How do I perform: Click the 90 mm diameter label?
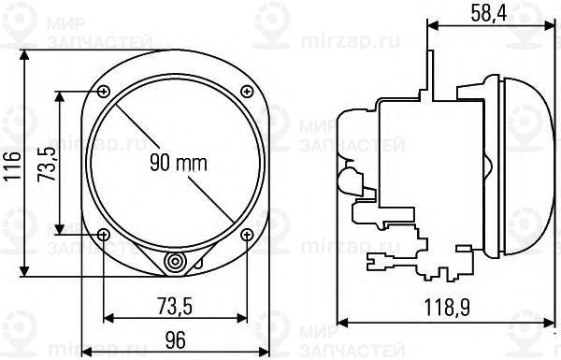tap(178, 164)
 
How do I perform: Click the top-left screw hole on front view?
tap(103, 91)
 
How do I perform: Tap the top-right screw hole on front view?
tap(247, 91)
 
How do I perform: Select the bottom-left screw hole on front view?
tap(103, 234)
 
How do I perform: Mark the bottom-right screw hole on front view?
tap(247, 234)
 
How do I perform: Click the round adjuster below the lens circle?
tap(175, 264)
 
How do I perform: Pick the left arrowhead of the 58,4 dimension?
tap(431, 25)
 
